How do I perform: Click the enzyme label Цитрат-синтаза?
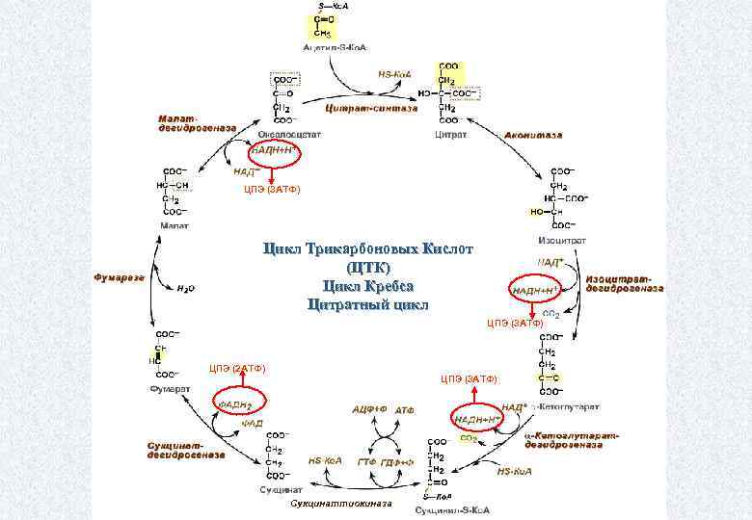click(371, 109)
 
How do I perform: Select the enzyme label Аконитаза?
click(533, 136)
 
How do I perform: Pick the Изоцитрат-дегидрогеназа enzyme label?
click(624, 283)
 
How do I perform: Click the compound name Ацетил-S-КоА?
click(335, 47)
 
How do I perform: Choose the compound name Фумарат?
click(170, 389)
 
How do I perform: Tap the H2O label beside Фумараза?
click(187, 286)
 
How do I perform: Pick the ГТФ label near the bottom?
click(366, 463)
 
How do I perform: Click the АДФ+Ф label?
click(369, 409)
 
